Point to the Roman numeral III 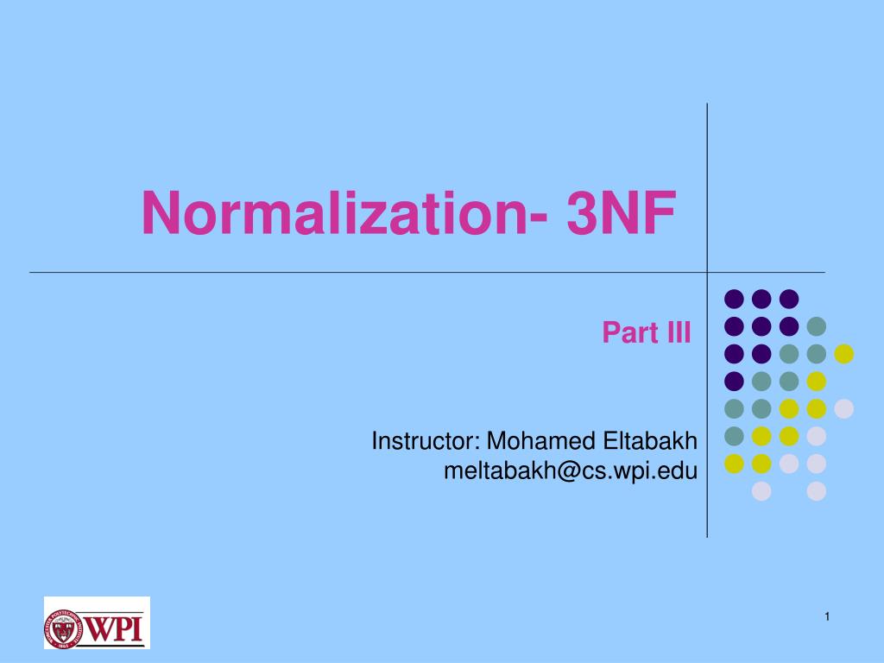677,332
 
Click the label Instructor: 426,442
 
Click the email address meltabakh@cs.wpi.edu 570,470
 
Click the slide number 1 826,616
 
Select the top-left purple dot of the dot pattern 734,299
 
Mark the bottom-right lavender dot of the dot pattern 817,491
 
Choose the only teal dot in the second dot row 817,326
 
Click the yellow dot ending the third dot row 844,353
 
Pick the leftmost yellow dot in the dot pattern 734,464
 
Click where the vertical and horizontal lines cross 708,272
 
